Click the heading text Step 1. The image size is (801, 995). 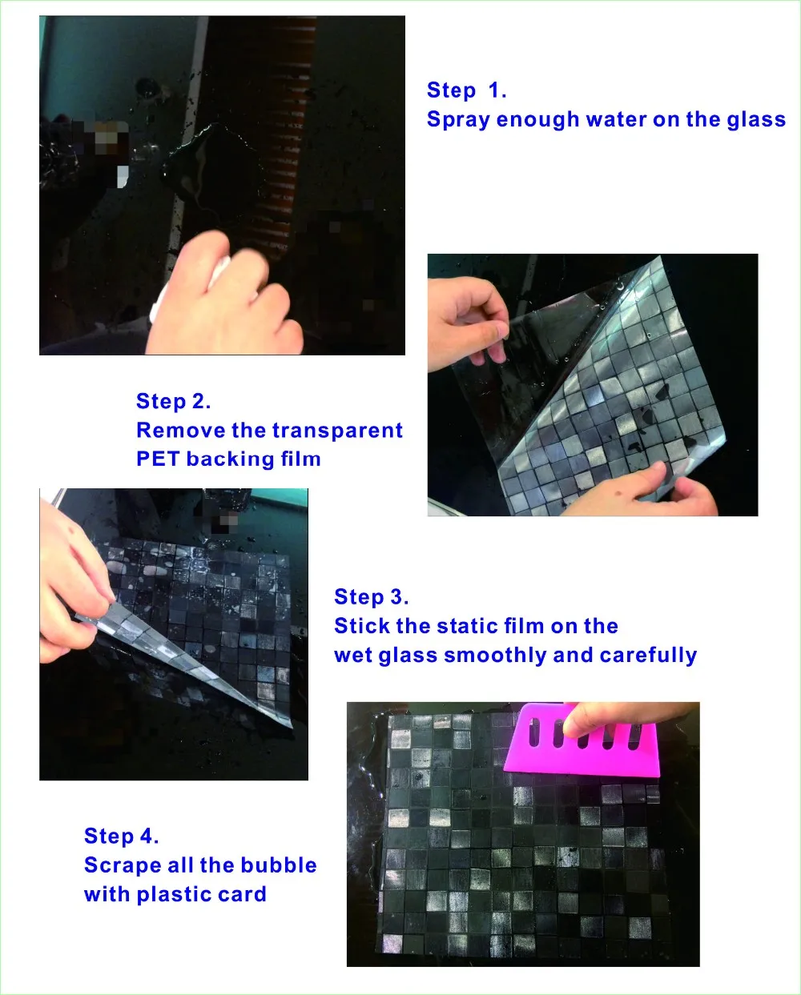tap(466, 90)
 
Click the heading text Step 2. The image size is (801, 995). tap(174, 401)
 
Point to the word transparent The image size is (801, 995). tap(337, 431)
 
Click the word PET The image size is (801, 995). tap(158, 459)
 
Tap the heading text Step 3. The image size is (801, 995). tap(372, 597)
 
